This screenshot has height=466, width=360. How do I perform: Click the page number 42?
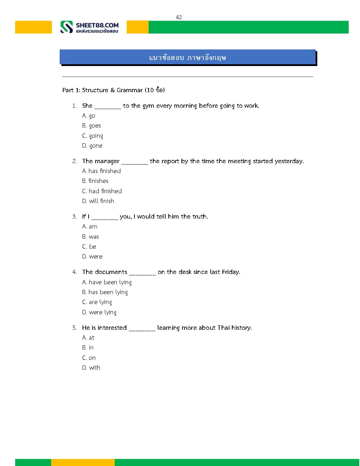(x=179, y=17)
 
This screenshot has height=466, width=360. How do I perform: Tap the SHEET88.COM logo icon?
(x=66, y=27)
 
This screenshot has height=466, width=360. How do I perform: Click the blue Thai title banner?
(x=187, y=57)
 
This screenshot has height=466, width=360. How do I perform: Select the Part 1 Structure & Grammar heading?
(x=113, y=90)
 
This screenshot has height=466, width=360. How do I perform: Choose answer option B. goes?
(x=91, y=126)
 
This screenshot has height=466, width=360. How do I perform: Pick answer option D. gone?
(x=92, y=146)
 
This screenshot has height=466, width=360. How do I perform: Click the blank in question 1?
(x=108, y=106)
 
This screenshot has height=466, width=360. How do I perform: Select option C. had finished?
(x=102, y=191)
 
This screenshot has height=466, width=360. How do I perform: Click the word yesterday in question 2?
(x=289, y=161)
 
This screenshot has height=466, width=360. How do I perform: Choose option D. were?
(x=92, y=257)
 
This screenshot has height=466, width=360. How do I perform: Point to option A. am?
(x=90, y=227)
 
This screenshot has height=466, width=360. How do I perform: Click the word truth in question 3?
(x=199, y=216)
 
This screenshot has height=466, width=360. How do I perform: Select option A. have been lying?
(x=107, y=282)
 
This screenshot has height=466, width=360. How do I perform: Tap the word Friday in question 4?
(x=230, y=272)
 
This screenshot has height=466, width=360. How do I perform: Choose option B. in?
(x=88, y=348)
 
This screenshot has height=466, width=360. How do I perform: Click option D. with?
(x=91, y=368)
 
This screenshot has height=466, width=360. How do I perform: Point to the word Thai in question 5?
(x=223, y=328)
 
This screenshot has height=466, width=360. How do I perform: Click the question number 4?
(x=74, y=272)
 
